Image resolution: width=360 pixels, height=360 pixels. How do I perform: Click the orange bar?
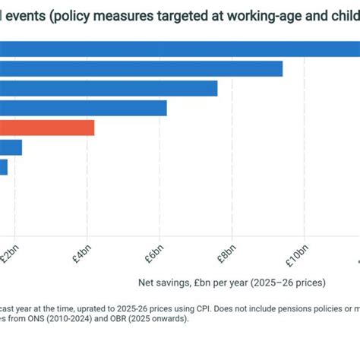click(47, 128)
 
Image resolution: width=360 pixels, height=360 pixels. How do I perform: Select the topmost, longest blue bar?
click(180, 49)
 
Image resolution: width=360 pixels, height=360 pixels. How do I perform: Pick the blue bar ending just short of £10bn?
click(141, 68)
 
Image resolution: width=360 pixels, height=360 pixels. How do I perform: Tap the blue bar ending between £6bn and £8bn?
click(109, 88)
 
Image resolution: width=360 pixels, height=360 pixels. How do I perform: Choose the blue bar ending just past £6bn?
click(84, 108)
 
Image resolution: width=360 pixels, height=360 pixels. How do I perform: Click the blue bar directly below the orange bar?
click(11, 147)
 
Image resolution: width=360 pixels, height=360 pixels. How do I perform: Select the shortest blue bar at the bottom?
click(4, 167)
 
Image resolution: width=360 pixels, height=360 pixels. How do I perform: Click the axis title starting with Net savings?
click(227, 283)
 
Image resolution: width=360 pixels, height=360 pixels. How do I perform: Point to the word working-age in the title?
click(263, 16)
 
